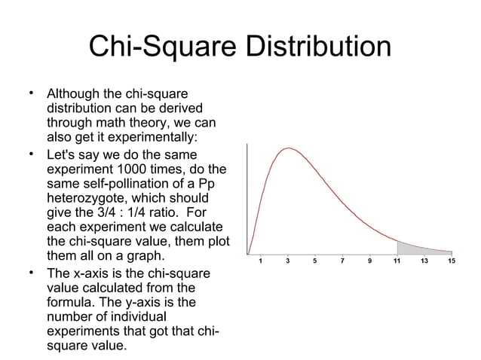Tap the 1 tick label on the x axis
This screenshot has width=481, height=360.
click(x=261, y=261)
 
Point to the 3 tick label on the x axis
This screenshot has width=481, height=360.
click(x=288, y=261)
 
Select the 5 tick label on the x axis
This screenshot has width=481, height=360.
click(x=315, y=261)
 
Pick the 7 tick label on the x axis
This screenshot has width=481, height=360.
click(x=342, y=261)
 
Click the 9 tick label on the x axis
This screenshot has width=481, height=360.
click(x=369, y=261)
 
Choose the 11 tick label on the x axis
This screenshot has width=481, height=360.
click(x=397, y=261)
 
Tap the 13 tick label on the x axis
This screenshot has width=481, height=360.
click(x=424, y=261)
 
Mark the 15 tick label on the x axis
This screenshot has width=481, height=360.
click(x=451, y=261)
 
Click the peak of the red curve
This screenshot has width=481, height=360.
click(x=287, y=148)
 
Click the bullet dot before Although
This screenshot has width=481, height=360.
click(x=31, y=93)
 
